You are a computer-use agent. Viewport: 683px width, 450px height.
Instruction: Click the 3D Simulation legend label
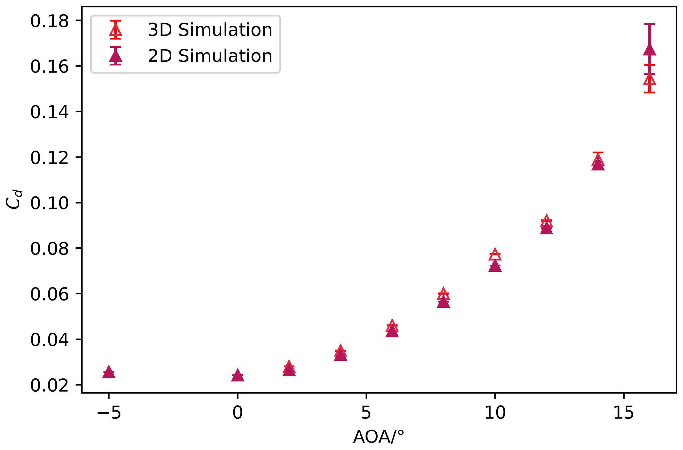click(x=210, y=30)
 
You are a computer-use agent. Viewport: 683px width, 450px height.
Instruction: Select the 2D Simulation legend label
click(x=210, y=56)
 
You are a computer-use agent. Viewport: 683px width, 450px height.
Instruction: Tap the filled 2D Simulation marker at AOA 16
click(x=649, y=50)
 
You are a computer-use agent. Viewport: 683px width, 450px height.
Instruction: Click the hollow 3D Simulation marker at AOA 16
click(x=649, y=80)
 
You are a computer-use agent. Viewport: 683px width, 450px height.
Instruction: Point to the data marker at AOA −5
click(x=109, y=372)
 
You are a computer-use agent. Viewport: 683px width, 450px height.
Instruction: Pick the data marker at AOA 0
click(x=237, y=375)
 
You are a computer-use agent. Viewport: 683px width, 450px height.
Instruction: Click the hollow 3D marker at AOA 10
click(x=495, y=255)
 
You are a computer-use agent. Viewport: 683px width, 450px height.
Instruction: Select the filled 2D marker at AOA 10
click(x=495, y=266)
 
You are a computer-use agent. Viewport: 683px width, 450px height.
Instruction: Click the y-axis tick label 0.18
click(x=50, y=21)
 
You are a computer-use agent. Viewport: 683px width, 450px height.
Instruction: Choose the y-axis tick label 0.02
click(x=50, y=386)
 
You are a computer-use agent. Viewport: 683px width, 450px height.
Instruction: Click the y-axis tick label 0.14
click(x=50, y=113)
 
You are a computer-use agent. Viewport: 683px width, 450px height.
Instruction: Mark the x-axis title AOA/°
click(x=379, y=437)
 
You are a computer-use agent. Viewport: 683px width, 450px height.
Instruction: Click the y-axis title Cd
click(x=14, y=199)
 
